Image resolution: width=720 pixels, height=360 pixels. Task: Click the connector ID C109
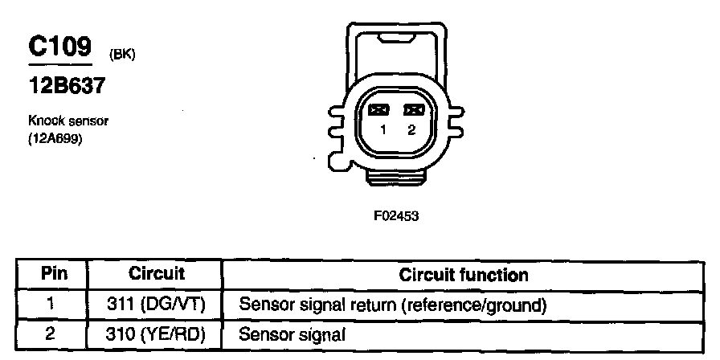click(x=59, y=46)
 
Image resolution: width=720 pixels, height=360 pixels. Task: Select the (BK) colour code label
click(x=122, y=55)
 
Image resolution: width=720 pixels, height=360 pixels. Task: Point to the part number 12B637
click(x=67, y=85)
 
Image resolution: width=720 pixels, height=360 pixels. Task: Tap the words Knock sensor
click(x=68, y=121)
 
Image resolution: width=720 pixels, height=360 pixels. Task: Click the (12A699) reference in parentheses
click(x=55, y=139)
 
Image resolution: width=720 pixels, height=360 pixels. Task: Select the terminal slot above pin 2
click(x=414, y=110)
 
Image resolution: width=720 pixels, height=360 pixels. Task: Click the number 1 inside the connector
click(x=383, y=130)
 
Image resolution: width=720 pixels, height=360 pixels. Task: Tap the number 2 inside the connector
click(x=411, y=130)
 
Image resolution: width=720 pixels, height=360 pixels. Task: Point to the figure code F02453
click(x=396, y=216)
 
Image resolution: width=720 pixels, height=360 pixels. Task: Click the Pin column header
click(x=54, y=275)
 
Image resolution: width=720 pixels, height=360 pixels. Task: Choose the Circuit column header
click(x=156, y=274)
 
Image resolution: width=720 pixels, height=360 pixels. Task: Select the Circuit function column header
click(x=464, y=275)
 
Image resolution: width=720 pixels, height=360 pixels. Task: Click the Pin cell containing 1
click(x=51, y=305)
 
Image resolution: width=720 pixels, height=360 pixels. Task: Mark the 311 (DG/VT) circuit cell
click(x=155, y=305)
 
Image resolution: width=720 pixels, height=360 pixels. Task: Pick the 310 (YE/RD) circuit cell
click(x=155, y=335)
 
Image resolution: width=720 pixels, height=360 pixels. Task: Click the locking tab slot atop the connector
click(x=395, y=40)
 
